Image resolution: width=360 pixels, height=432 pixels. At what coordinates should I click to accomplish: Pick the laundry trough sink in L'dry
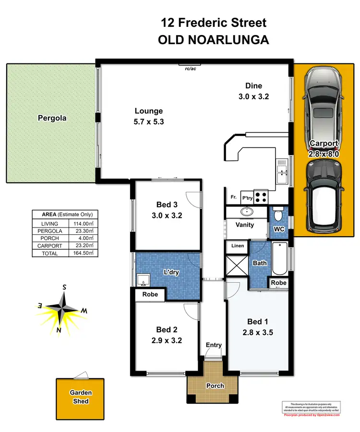[x=143, y=279]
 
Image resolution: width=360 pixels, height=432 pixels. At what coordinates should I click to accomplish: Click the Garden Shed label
[x=81, y=396]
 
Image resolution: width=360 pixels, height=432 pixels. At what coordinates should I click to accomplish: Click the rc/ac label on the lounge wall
[x=191, y=69]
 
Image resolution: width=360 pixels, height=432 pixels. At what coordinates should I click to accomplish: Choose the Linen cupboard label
[x=237, y=246]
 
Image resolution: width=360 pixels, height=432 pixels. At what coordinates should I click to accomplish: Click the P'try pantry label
[x=247, y=197]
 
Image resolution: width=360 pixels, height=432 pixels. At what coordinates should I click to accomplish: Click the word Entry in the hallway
[x=214, y=345]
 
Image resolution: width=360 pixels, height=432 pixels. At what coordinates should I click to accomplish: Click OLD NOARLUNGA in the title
[x=213, y=40]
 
